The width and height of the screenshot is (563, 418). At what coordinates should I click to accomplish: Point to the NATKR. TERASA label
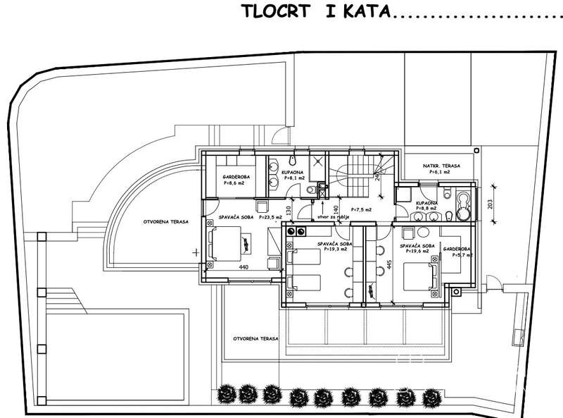point(441,166)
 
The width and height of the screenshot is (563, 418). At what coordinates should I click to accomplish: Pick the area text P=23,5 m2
point(270,218)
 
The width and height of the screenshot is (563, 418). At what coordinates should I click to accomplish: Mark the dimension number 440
point(244,267)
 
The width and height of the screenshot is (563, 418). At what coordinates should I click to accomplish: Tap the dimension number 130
point(289,210)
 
